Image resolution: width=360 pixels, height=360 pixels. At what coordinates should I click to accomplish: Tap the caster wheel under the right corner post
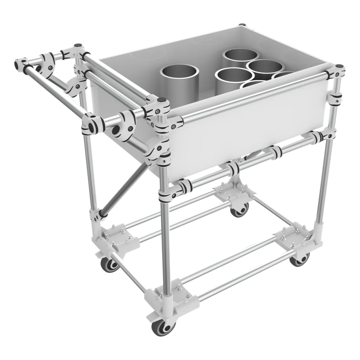[x=300, y=259]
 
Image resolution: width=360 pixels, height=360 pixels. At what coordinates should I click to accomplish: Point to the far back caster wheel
[x=240, y=211]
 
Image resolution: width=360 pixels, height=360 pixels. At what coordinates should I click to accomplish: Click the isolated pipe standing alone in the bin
[x=180, y=78]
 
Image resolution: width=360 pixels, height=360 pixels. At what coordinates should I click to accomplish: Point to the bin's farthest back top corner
[x=242, y=25]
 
